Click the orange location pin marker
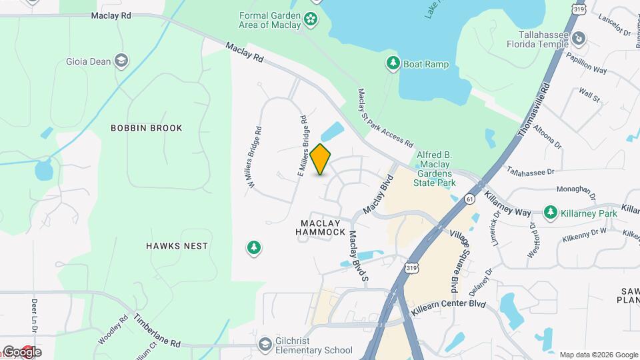(x=321, y=159)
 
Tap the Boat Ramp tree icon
(x=393, y=64)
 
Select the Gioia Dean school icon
(x=121, y=61)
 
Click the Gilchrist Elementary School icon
(x=265, y=345)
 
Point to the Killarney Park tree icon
(x=550, y=212)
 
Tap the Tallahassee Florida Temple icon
(x=579, y=39)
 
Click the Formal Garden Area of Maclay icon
(x=310, y=19)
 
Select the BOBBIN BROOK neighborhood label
(x=146, y=128)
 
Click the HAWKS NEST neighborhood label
(x=177, y=246)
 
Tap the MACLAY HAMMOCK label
(x=323, y=227)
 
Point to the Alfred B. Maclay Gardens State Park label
(x=435, y=169)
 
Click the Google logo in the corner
(x=21, y=352)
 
